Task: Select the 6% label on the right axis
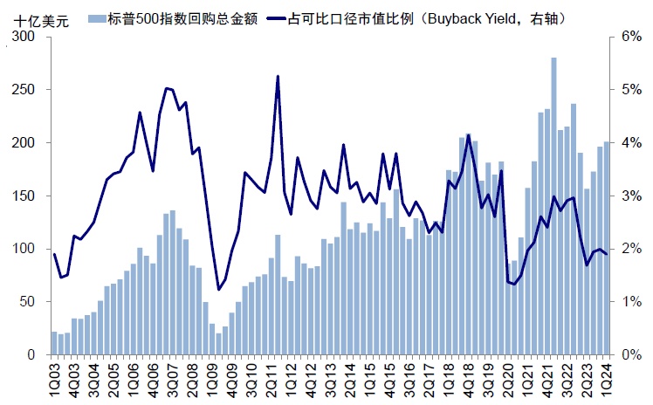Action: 630,37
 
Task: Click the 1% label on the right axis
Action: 630,302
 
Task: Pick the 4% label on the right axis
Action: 630,143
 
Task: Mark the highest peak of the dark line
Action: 278,76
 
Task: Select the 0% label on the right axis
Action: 630,355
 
